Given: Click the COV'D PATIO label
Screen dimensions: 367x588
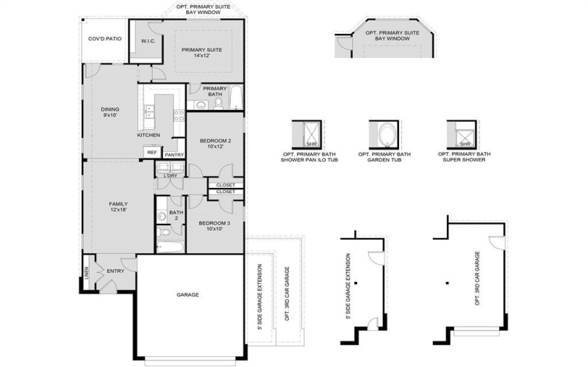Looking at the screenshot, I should click(104, 38).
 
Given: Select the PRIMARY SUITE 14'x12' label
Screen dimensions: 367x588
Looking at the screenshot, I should click(202, 52).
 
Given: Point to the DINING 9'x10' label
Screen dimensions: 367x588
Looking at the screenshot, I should click(110, 112).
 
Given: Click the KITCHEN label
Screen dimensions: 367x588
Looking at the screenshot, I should click(148, 135).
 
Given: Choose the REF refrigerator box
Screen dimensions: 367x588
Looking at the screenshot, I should click(152, 152).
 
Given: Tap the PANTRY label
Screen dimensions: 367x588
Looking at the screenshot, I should click(174, 155).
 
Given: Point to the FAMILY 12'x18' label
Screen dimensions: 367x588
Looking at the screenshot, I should click(118, 207).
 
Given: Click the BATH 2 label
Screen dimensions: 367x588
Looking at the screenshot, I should click(176, 216).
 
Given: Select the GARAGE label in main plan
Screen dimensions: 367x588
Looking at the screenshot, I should click(188, 294).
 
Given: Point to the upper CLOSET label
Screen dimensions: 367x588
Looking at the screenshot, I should click(225, 184).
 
